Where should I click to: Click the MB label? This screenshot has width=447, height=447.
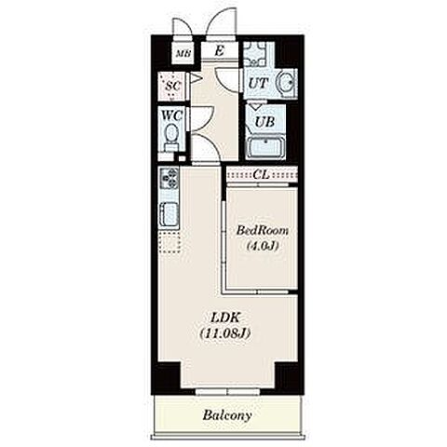pos(183,54)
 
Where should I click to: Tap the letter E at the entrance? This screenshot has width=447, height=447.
pos(220,51)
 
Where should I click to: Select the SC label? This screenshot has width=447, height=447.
pos(173,86)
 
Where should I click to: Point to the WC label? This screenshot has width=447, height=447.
pos(171,115)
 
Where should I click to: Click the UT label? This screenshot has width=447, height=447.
pos(258,83)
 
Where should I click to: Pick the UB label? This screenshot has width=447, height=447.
pos(264,122)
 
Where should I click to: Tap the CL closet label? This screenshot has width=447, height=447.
pos(261,175)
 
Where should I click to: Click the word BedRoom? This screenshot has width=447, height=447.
pos(263,231)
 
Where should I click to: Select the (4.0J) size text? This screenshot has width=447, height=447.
pos(263,246)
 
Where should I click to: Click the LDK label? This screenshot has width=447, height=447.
pos(225,318)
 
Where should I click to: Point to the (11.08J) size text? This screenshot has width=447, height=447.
pos(225,333)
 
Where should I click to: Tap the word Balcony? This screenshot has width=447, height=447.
pos(227,415)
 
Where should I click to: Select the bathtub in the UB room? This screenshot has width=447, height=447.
pos(266,147)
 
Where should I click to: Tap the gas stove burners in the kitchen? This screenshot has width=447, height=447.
pos(169,178)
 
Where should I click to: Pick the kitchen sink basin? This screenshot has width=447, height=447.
pos(169,213)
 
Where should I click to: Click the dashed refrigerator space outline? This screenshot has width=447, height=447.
pos(169,243)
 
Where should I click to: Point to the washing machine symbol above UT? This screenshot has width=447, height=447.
pos(254,53)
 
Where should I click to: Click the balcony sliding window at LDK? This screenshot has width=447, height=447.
pos(227,392)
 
